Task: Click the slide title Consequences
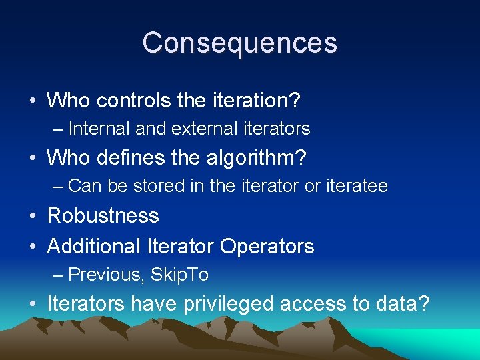click(240, 43)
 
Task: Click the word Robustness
click(103, 216)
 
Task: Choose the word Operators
click(267, 247)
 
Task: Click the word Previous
click(107, 275)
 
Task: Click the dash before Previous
click(58, 275)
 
